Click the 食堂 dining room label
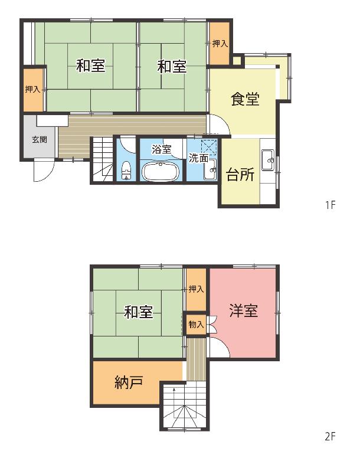245,99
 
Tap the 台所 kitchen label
240,175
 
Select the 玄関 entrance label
40,139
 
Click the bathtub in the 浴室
161,171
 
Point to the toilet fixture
126,171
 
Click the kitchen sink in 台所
268,159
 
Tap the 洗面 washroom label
198,158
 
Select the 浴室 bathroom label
161,149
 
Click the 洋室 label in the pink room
244,310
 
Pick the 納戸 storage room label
129,382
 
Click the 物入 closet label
196,325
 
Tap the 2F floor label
330,436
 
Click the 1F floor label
330,205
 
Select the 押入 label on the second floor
196,289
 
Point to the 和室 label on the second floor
138,312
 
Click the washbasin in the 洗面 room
211,169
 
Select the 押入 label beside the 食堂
220,44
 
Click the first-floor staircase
102,159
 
